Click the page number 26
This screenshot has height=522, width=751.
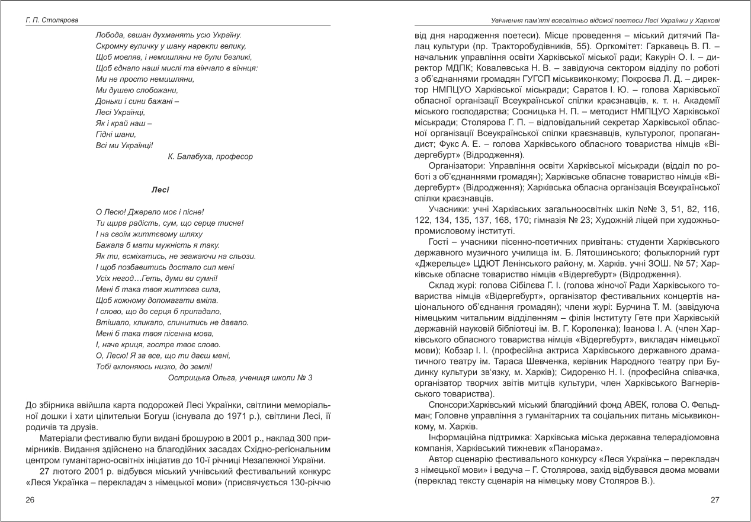(30, 500)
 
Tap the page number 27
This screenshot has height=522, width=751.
(715, 500)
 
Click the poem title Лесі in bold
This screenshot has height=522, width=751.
(160, 190)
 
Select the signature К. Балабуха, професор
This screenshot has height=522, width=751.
(211, 157)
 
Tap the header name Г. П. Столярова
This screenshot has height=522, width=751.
(52, 20)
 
